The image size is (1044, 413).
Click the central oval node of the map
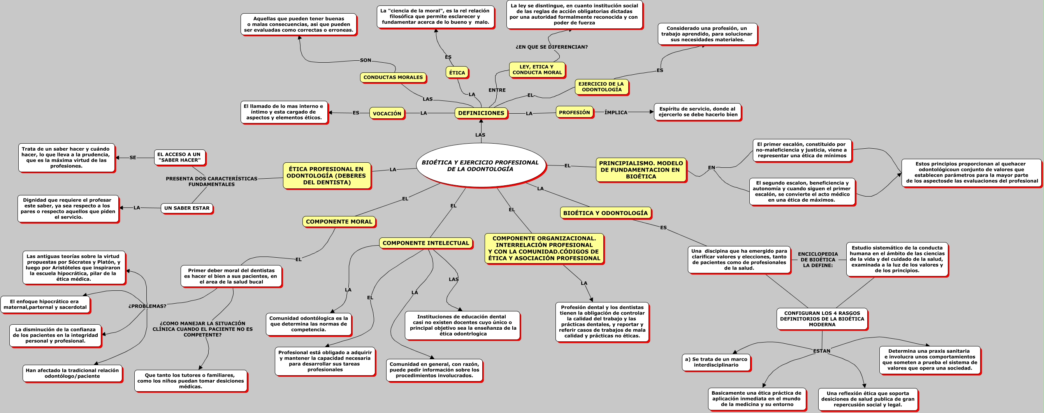point(480,165)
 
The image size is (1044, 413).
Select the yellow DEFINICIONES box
point(481,113)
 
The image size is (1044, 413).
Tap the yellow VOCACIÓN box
point(387,114)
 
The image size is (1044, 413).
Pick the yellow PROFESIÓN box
point(574,112)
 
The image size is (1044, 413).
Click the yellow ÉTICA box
point(457,72)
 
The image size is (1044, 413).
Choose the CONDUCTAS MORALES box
point(393,77)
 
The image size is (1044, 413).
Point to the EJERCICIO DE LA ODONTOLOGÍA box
point(601,87)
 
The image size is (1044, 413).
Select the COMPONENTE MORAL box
point(339,222)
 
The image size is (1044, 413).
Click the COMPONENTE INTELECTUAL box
point(425,243)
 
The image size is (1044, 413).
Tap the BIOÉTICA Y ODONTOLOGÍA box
point(605,213)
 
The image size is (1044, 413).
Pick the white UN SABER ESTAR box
point(186,208)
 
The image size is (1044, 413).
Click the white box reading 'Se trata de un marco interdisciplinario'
point(716,362)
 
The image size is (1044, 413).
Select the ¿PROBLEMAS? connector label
point(147,306)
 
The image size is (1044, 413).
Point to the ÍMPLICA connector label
point(616,112)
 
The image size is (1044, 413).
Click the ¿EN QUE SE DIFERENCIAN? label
point(551,47)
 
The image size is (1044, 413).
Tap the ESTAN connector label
point(821,351)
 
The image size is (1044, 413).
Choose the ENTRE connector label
point(497,90)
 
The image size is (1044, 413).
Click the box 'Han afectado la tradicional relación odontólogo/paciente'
point(72,373)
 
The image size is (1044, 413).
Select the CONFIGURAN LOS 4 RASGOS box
point(822,318)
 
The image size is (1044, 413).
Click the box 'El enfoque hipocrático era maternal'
point(45,304)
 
